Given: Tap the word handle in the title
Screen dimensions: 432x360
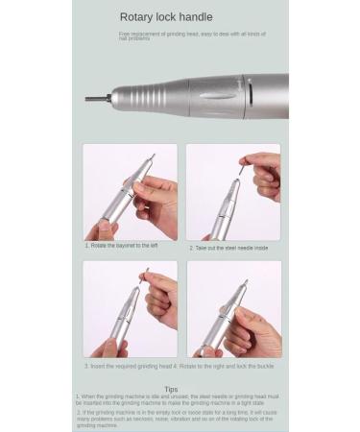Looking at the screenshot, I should [195, 17].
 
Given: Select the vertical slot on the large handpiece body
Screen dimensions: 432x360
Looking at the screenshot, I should [252, 96].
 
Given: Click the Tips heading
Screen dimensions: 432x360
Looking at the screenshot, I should [171, 389].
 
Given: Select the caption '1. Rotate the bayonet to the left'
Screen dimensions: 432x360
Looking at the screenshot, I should [122, 246].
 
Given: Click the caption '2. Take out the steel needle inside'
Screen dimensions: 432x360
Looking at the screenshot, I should [228, 248].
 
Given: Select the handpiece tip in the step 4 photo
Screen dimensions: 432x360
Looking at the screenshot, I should [244, 285].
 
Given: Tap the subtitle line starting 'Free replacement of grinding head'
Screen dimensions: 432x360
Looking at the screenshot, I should [192, 36].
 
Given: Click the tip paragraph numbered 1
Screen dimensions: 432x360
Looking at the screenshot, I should [178, 399].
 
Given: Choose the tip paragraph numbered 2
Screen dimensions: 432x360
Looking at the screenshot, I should [178, 418].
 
